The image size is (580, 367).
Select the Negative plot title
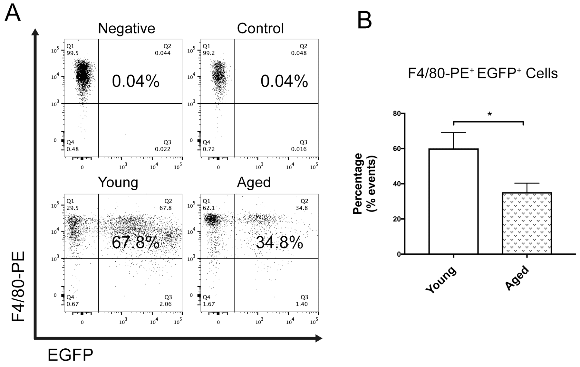[126, 28]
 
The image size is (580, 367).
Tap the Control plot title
[260, 28]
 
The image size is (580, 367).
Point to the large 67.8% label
[135, 242]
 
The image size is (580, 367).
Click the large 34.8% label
[279, 242]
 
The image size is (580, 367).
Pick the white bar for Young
[453, 201]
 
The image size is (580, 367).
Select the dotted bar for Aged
[527, 223]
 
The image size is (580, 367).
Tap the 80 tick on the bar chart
[397, 114]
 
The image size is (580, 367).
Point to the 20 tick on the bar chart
[397, 219]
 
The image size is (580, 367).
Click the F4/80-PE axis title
[18, 287]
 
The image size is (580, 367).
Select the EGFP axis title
[70, 355]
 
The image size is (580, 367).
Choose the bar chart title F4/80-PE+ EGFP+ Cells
[483, 73]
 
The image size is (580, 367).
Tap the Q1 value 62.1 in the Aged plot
[209, 208]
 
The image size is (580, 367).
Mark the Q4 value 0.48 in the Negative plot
[72, 149]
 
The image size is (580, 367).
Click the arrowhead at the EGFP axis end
[319, 338]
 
